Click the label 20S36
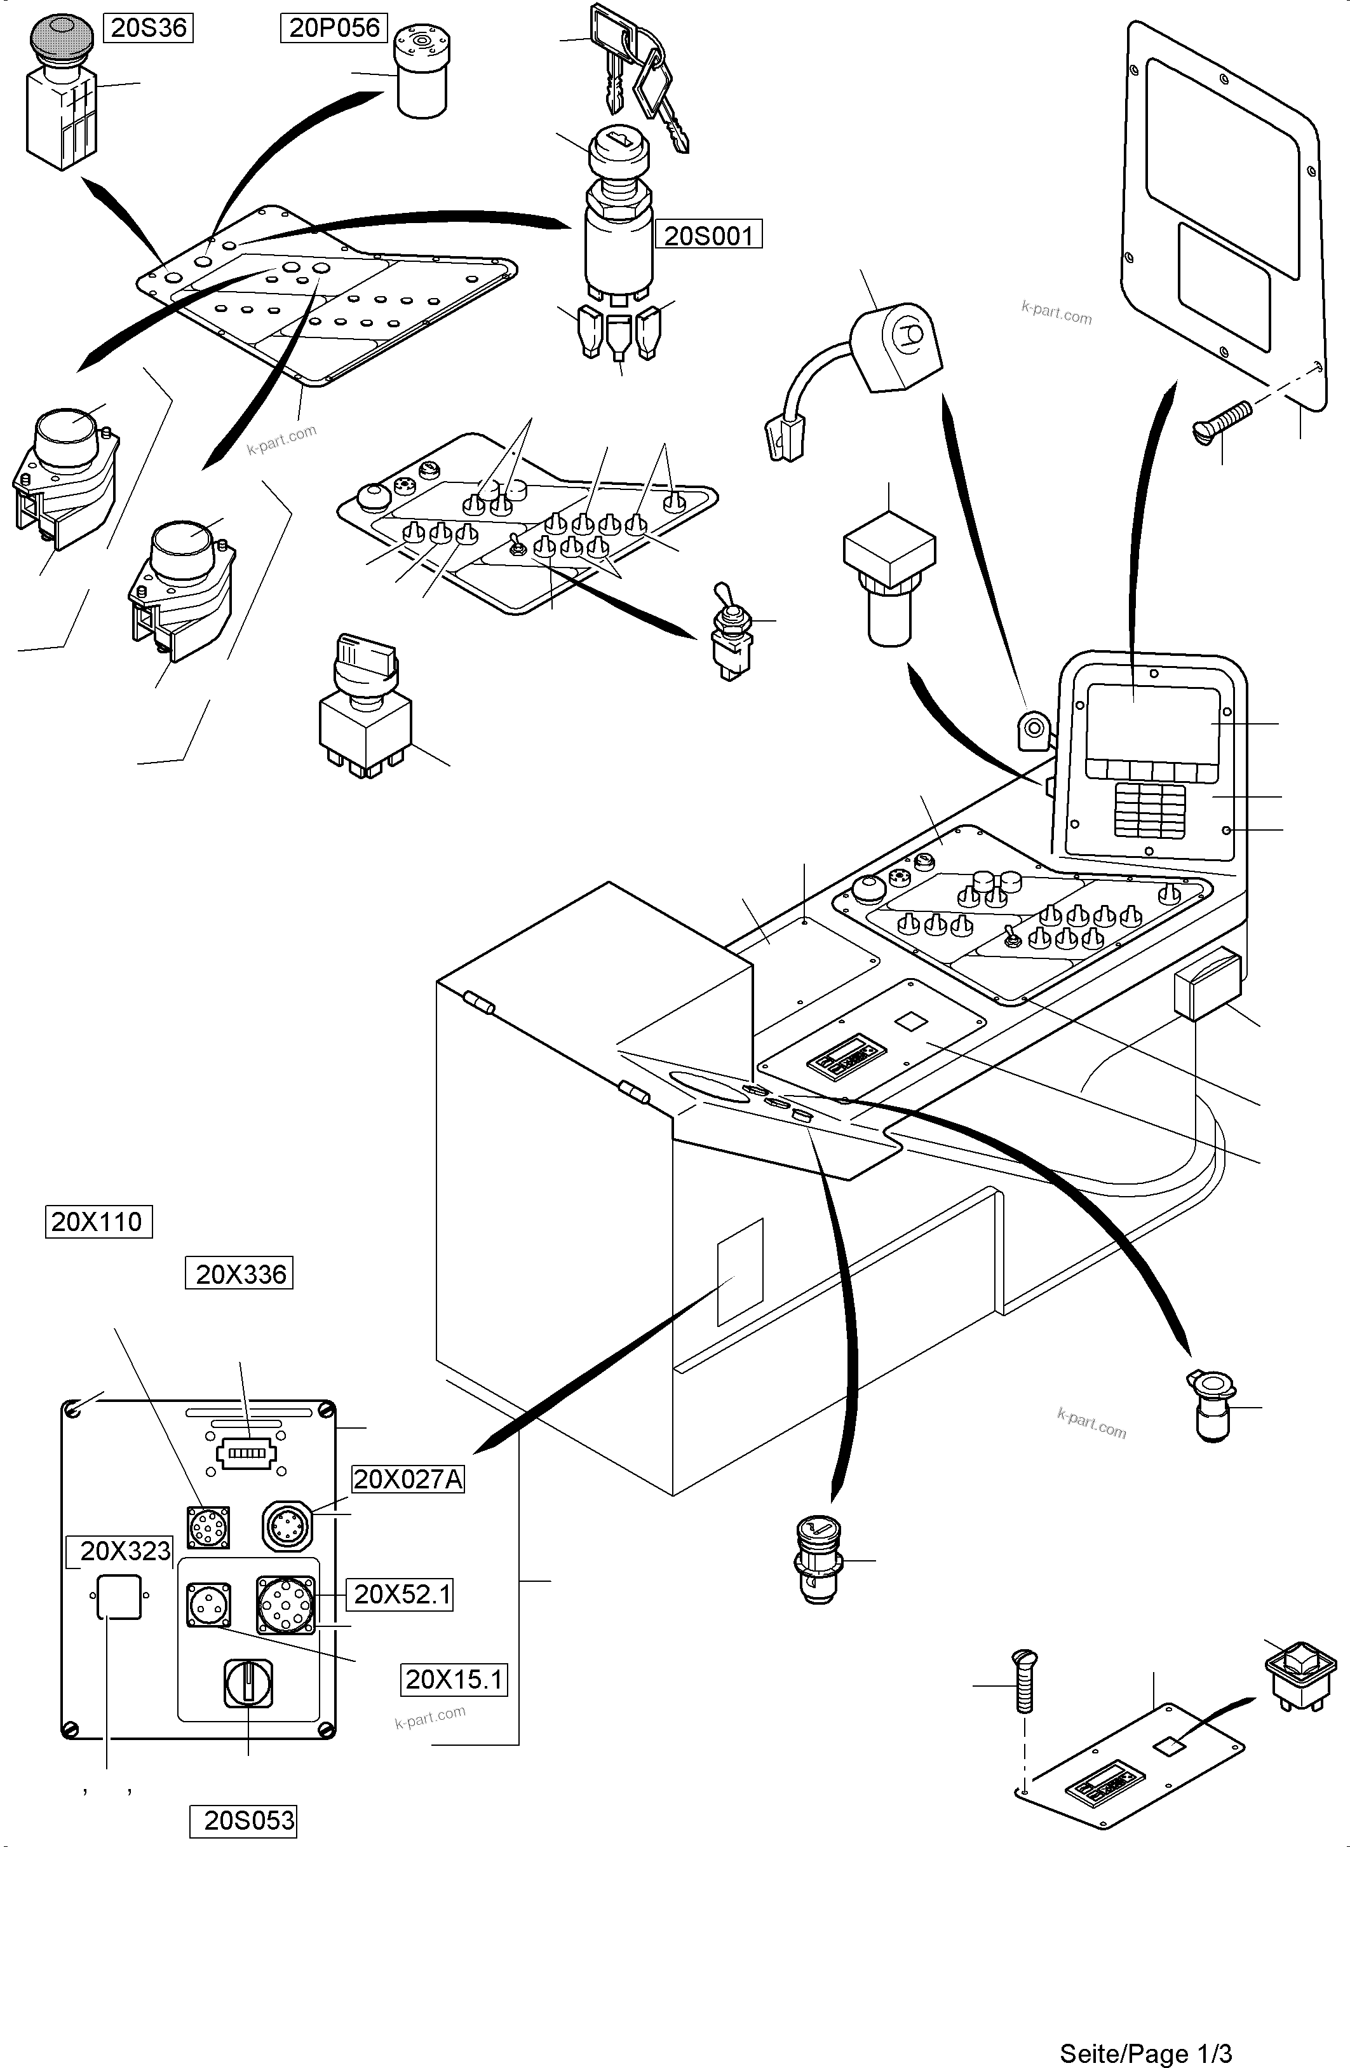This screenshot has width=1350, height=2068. (149, 28)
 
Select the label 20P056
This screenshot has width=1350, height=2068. (334, 28)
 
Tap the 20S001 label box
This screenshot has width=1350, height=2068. (708, 236)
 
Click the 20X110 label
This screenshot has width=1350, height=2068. (97, 1221)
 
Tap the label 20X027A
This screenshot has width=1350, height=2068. (407, 1479)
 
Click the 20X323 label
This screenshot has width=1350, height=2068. (125, 1551)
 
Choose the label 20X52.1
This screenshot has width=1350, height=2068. (402, 1595)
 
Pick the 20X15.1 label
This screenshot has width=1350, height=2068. (454, 1680)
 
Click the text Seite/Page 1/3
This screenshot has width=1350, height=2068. (1145, 2053)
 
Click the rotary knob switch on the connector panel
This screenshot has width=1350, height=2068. (248, 1682)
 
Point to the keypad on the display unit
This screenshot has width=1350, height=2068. (1149, 808)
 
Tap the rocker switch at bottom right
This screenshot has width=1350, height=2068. (1299, 1673)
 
